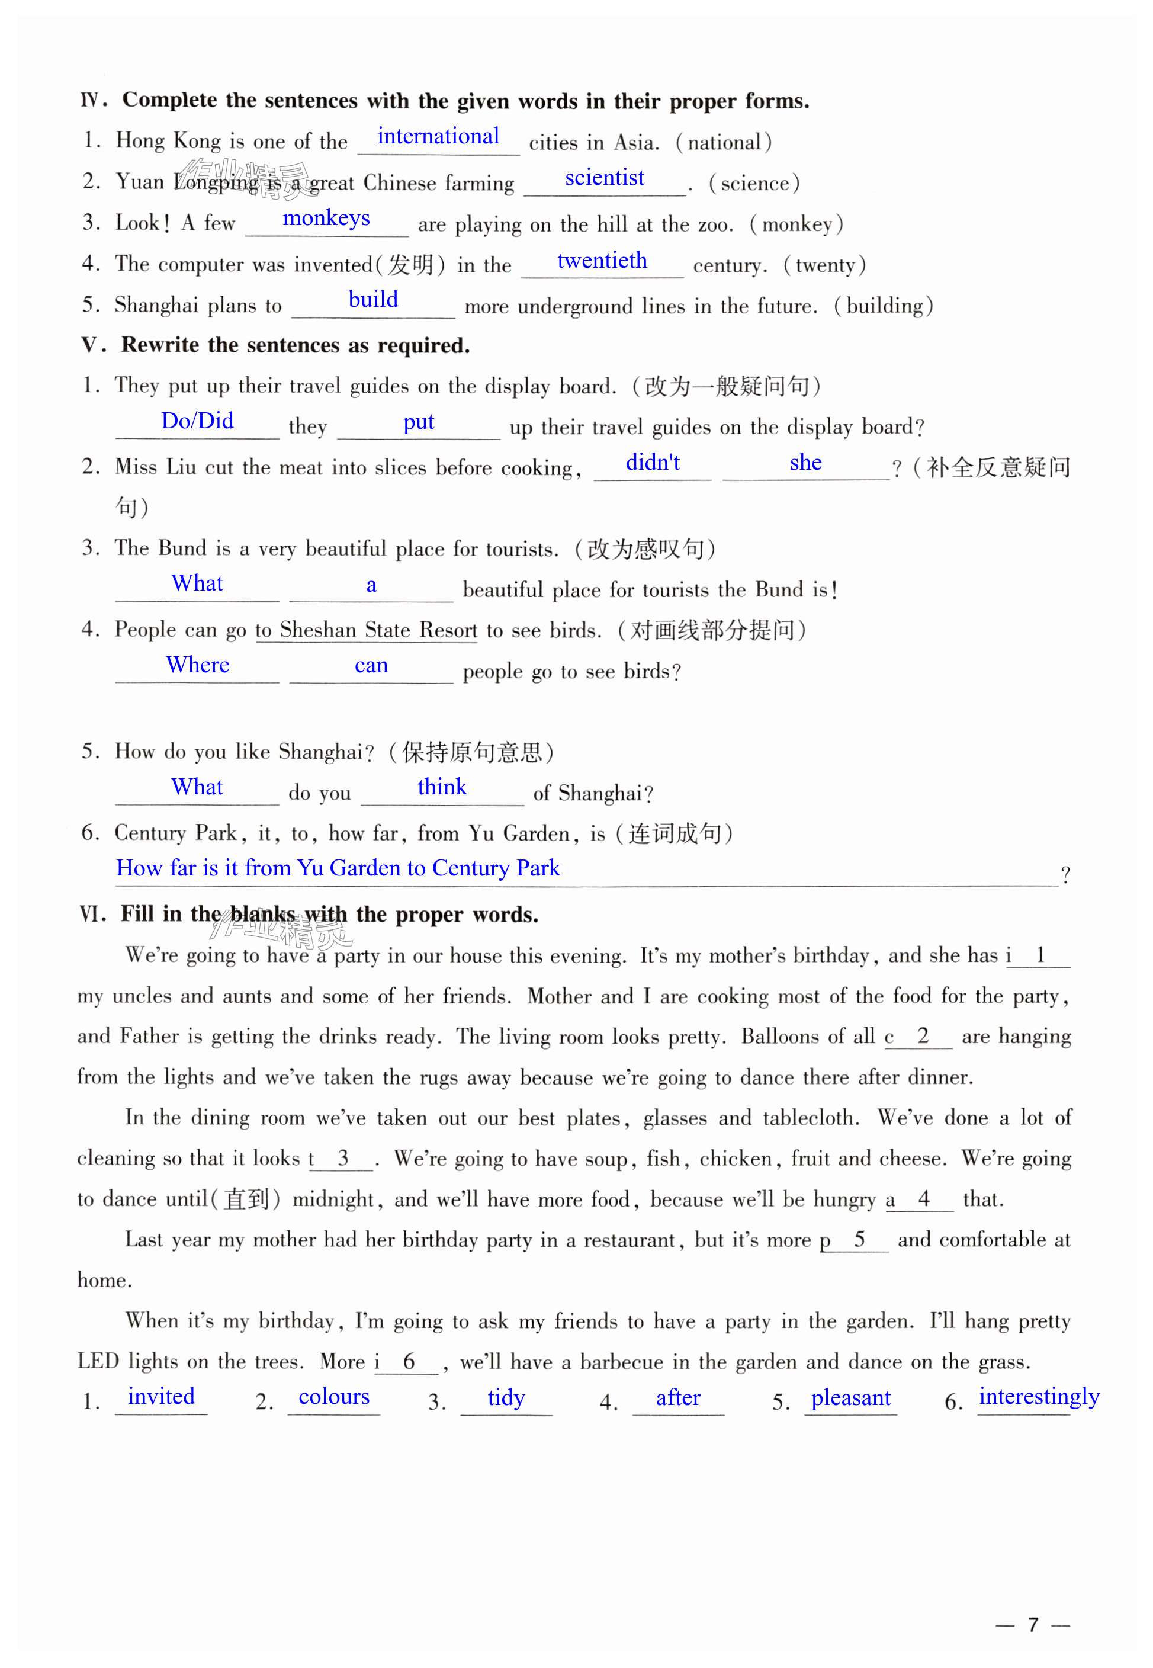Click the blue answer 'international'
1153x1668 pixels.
[438, 136]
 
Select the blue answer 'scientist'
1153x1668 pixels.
[604, 178]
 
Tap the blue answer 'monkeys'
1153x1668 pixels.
[326, 218]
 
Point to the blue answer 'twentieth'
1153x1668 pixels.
[602, 260]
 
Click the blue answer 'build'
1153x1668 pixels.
[372, 300]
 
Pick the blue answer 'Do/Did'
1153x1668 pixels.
[197, 421]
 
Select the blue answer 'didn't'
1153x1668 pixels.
[653, 463]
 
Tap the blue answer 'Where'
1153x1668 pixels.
[197, 665]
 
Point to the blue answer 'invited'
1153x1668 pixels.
[161, 1396]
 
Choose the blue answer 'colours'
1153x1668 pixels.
[334, 1396]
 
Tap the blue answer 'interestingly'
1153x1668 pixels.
[1038, 1396]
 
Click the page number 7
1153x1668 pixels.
[1032, 1625]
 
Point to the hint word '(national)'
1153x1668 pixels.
[723, 142]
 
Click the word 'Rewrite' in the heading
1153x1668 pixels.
[160, 345]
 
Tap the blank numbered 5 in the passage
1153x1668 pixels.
[858, 1240]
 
